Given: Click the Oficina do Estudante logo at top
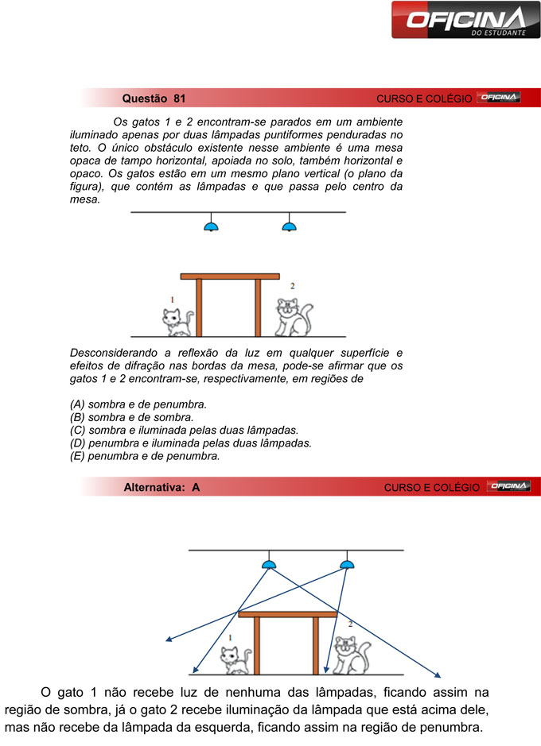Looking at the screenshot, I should (465, 20).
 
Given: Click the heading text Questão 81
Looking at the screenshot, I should (154, 99).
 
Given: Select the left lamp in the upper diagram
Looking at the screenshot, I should (211, 226).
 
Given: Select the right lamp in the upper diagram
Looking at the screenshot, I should (289, 226).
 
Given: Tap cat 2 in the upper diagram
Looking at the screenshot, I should (292, 317).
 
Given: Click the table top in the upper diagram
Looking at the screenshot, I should (230, 276).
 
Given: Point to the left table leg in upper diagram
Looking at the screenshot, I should (199, 307).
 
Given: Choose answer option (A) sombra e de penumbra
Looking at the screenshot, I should (138, 404).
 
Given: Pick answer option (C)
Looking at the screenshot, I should (184, 430).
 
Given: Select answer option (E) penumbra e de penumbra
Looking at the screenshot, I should (145, 456).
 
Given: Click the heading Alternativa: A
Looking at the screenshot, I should (162, 487).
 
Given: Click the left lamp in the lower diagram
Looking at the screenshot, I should (270, 564).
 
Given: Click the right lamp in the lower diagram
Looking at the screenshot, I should (346, 564).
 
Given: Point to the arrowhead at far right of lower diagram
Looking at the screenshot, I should (438, 674).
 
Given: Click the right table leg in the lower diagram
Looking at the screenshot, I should (316, 645).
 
